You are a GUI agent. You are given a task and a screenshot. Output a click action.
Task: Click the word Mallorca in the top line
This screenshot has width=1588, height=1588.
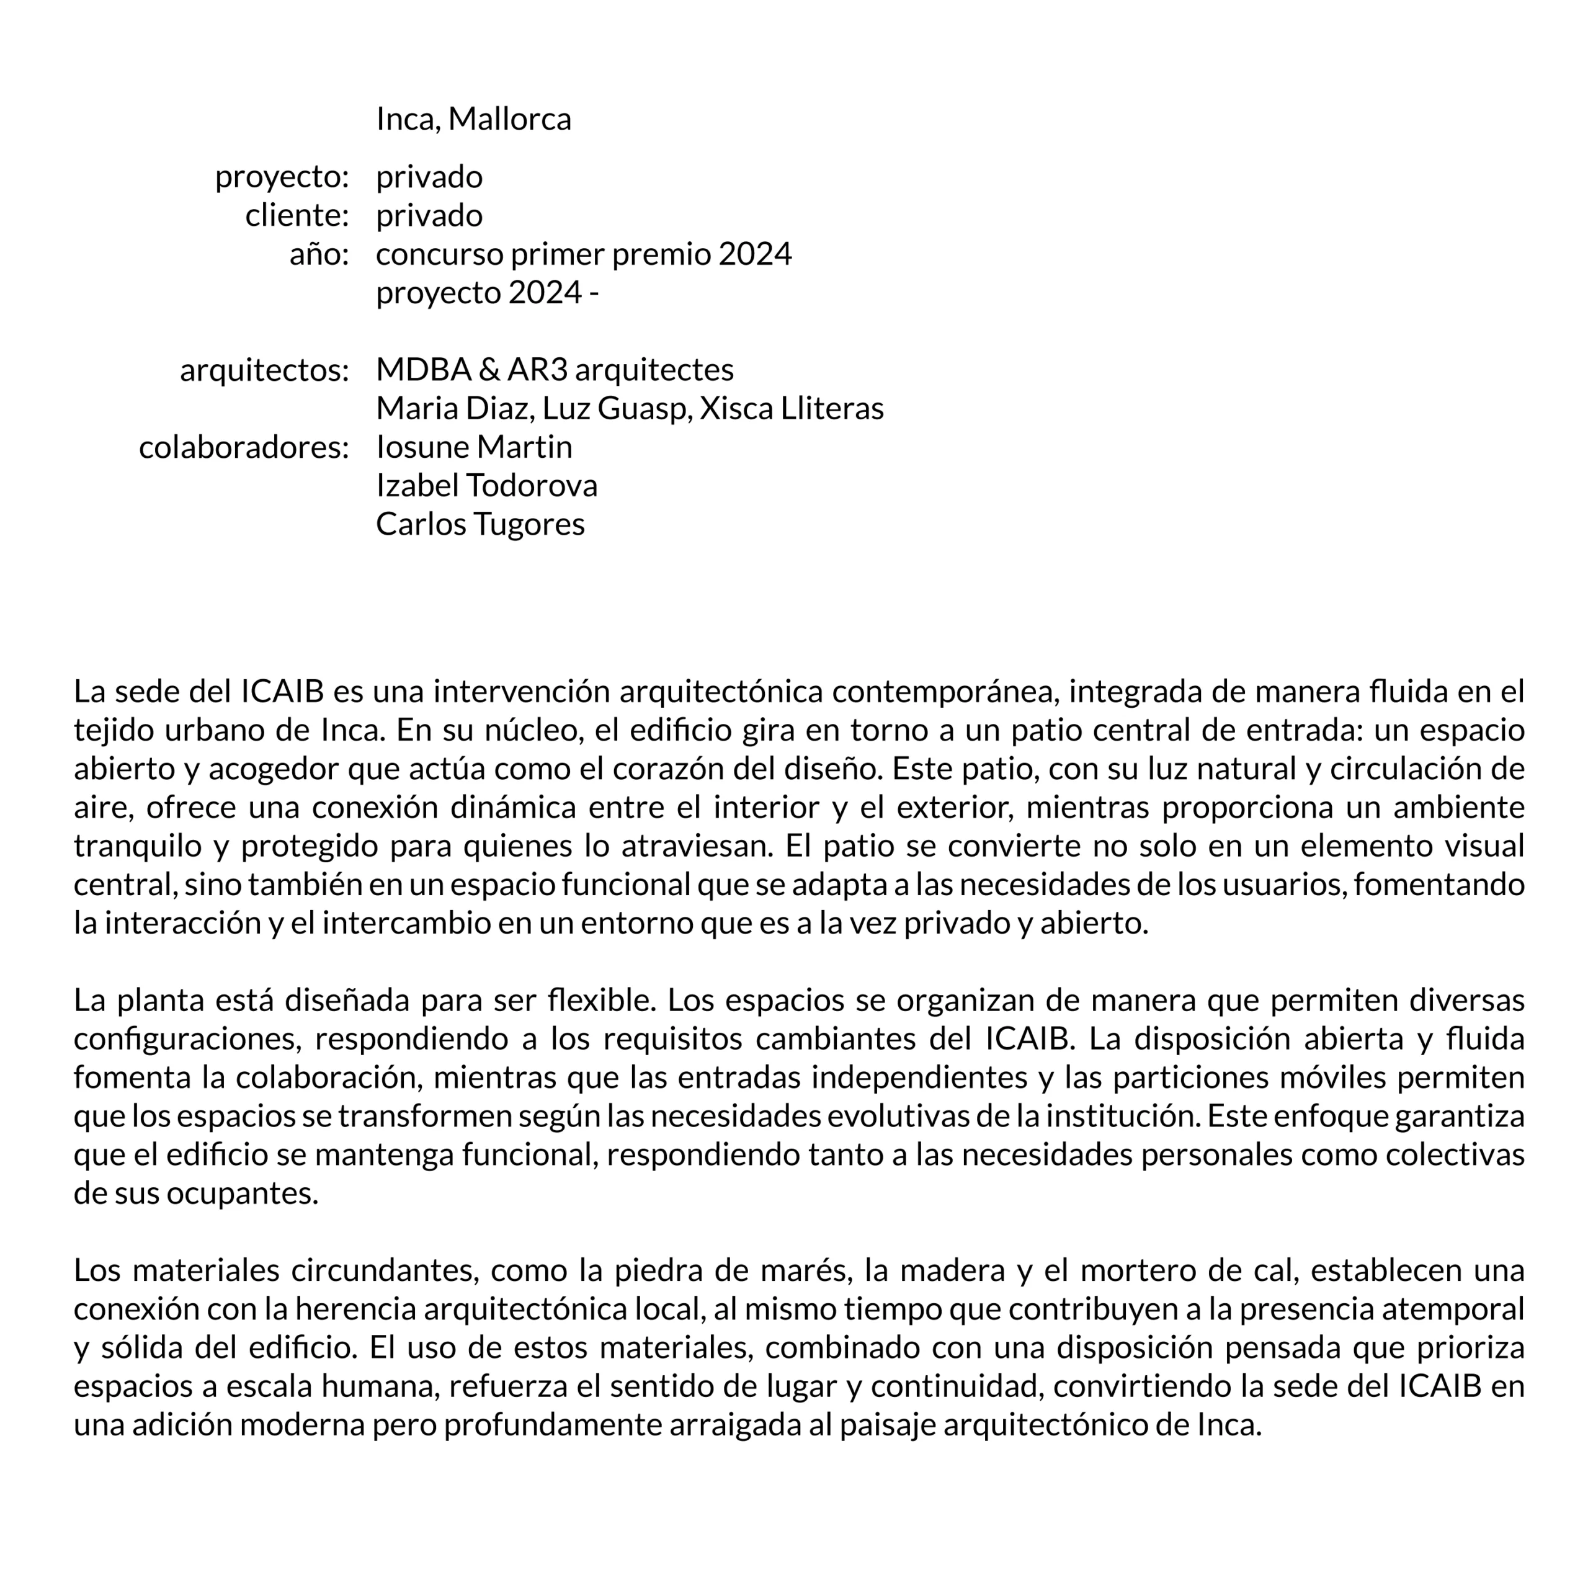point(510,119)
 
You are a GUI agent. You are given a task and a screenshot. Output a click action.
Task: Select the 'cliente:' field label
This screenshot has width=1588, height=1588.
point(298,215)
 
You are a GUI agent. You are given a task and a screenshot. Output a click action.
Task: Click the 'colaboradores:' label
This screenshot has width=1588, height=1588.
point(244,448)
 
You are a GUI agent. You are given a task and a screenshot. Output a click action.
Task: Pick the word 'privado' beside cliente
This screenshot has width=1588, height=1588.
point(429,215)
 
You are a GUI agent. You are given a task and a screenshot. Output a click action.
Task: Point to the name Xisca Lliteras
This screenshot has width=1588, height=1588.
point(792,409)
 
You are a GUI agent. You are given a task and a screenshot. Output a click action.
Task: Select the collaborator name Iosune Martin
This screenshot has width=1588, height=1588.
point(475,447)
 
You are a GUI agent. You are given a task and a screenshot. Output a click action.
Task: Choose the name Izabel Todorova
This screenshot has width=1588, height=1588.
point(486,486)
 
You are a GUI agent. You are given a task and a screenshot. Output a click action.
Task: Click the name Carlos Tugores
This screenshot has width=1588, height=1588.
point(480,524)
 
